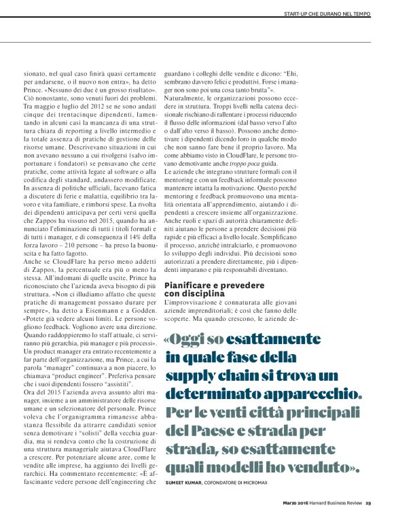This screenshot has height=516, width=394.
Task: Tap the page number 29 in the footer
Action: click(368, 504)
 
